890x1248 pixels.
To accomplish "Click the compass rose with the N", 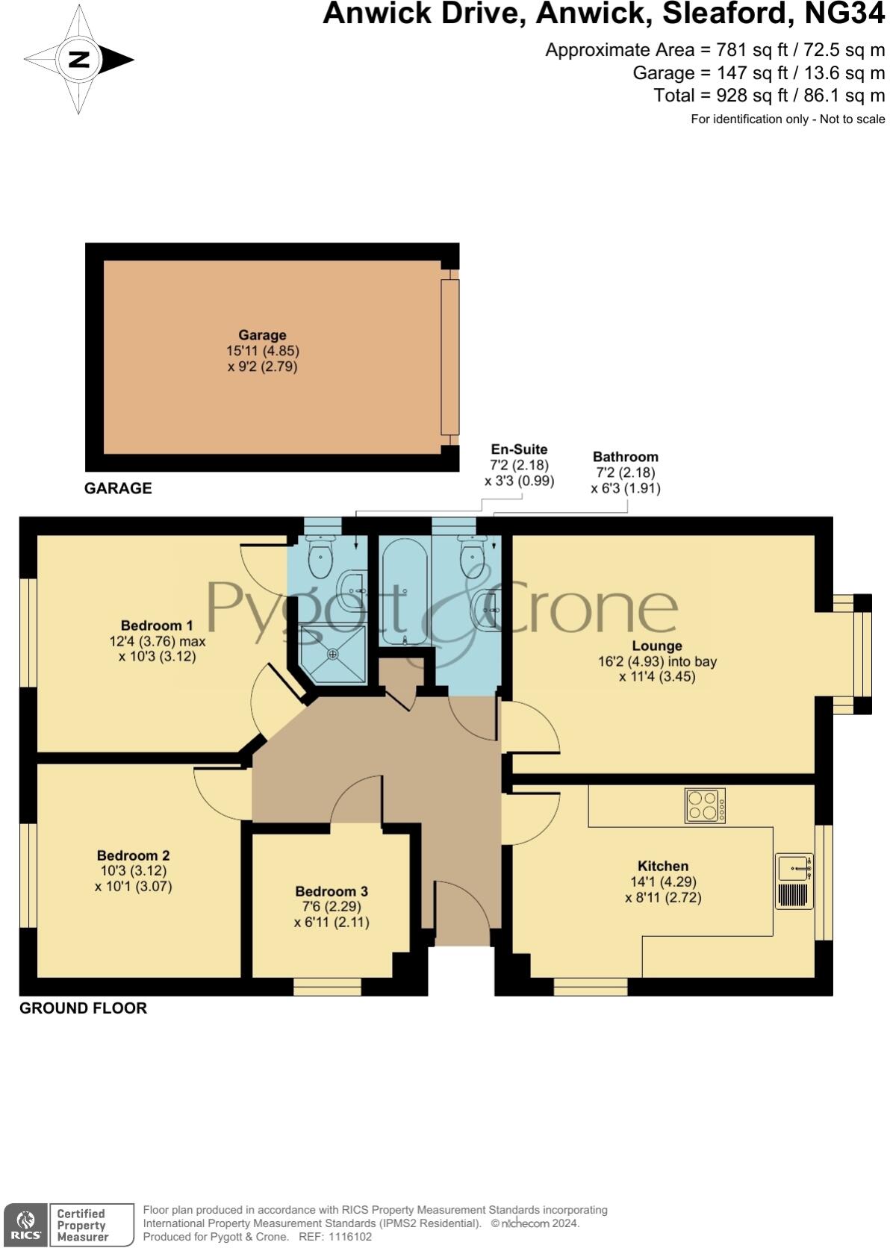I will [x=78, y=60].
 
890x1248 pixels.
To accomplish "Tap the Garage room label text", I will [x=262, y=335].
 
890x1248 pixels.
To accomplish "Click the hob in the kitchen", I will [x=705, y=805].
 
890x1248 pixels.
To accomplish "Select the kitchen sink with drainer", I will [x=794, y=881].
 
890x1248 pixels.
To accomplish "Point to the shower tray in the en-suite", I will [x=333, y=654].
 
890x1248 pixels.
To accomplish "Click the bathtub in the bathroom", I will [x=404, y=590].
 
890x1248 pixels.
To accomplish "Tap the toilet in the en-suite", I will [x=320, y=556].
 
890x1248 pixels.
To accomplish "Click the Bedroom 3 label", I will [x=332, y=891].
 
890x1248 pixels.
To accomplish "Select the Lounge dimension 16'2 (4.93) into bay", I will [x=657, y=661].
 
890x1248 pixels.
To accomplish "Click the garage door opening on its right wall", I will [x=449, y=357].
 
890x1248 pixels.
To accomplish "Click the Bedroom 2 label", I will [x=133, y=855].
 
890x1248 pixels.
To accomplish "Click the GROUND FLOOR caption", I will [x=83, y=1008].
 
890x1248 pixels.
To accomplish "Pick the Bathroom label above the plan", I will [x=625, y=457].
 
